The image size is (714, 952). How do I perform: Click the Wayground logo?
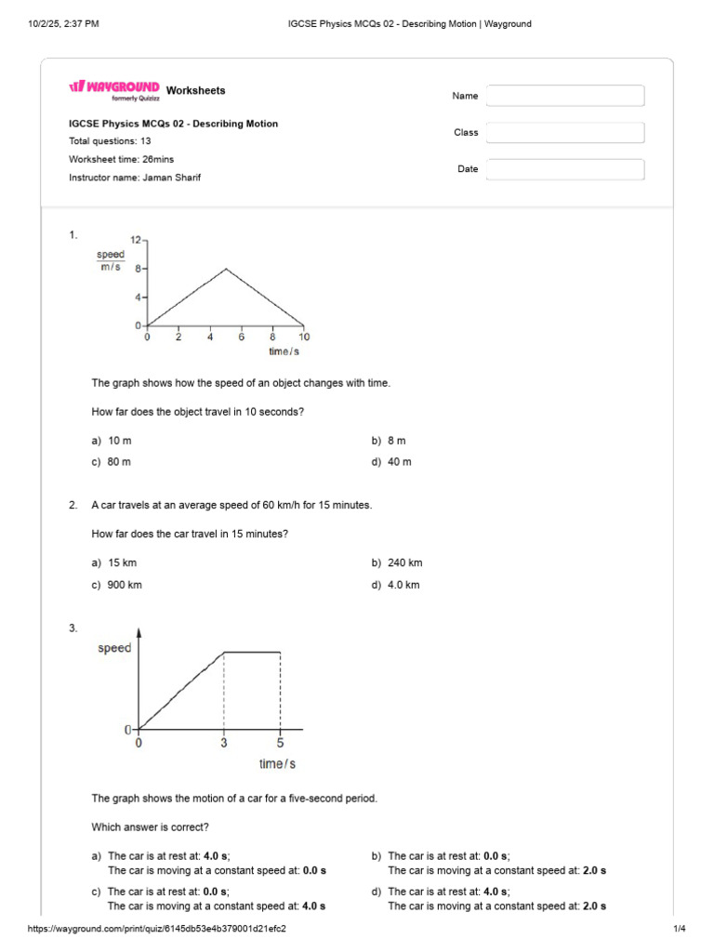pos(114,87)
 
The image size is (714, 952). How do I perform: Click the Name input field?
pos(565,96)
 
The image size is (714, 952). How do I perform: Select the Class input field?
pos(565,133)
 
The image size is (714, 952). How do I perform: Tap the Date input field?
pos(565,169)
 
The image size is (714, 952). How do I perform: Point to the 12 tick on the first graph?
pos(135,240)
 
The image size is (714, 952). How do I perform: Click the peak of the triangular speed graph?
pos(226,269)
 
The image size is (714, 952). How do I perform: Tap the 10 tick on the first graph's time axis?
pos(304,337)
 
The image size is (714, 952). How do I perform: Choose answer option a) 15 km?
pos(114,563)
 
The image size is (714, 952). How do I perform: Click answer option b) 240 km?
pos(397,563)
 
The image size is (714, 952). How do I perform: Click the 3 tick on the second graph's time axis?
pos(223,743)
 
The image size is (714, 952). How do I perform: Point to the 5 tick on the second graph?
pos(280,743)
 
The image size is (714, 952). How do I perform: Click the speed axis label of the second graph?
pos(114,648)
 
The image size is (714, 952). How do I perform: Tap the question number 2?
pos(73,506)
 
